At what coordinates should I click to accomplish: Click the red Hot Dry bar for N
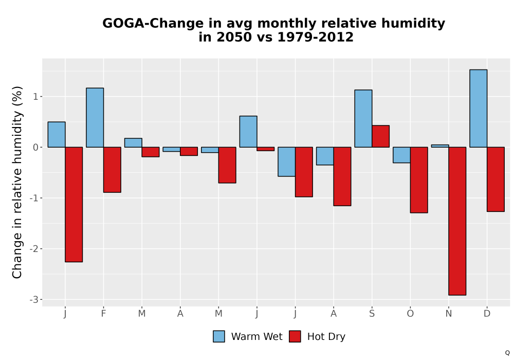tap(457, 221)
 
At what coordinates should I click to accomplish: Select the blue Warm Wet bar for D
tap(478, 108)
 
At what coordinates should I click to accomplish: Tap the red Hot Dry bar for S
tap(380, 136)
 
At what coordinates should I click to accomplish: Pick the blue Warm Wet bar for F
tap(95, 117)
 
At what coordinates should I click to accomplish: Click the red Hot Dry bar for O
tap(419, 179)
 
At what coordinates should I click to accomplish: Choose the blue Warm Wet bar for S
tap(363, 118)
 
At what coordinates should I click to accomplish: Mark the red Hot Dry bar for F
tap(112, 170)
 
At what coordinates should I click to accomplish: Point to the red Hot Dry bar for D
tap(495, 179)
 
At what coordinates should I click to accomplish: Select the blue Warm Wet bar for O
tap(401, 155)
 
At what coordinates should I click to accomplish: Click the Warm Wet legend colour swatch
tap(219, 336)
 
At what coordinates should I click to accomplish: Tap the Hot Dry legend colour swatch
tap(295, 336)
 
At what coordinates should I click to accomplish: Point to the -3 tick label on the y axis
tap(34, 300)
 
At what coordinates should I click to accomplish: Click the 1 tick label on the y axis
tap(36, 97)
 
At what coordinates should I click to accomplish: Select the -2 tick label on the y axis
tap(34, 249)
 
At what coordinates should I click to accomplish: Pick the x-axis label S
tap(372, 314)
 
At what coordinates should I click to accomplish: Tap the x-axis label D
tap(487, 314)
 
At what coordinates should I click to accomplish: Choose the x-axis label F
tap(104, 314)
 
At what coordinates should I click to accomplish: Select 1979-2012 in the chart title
tap(316, 37)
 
